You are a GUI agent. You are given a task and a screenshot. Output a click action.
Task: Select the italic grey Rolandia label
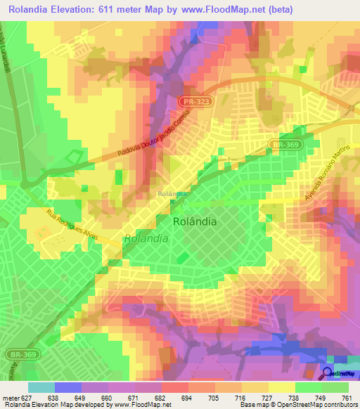click(x=146, y=238)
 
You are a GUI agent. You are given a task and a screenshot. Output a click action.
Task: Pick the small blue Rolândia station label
click(x=172, y=194)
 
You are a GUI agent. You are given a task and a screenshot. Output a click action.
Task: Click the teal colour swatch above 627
click(x=41, y=387)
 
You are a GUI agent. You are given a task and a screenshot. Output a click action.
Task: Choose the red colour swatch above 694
click(x=174, y=387)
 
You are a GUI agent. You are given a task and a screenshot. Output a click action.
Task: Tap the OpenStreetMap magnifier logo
click(x=328, y=374)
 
